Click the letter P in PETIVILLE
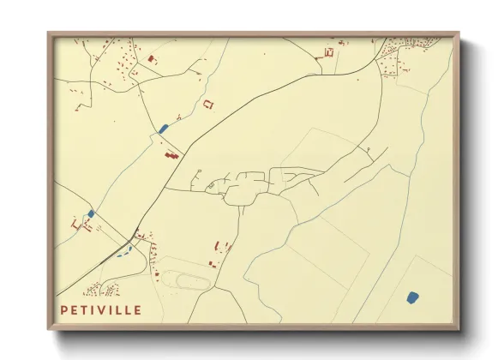[x=64, y=309]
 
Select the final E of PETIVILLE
[x=139, y=309]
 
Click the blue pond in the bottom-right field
[x=412, y=297]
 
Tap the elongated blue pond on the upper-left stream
[x=163, y=129]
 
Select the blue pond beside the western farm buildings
[x=90, y=213]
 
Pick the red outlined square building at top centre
[x=328, y=54]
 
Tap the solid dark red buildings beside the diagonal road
[x=171, y=155]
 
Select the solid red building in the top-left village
[x=153, y=59]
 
